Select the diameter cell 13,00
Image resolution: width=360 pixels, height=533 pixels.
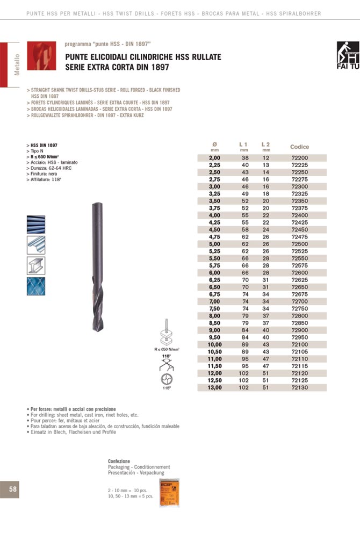215,387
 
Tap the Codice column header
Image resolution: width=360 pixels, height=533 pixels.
299,147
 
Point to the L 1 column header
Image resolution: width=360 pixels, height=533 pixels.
243,144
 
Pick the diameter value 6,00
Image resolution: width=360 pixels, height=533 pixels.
215,273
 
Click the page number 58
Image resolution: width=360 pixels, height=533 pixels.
12,488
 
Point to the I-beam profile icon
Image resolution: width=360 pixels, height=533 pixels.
36,265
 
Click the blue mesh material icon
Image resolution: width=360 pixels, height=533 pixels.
36,286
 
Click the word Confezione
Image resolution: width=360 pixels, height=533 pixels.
119,462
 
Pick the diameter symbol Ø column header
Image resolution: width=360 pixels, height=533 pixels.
215,144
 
